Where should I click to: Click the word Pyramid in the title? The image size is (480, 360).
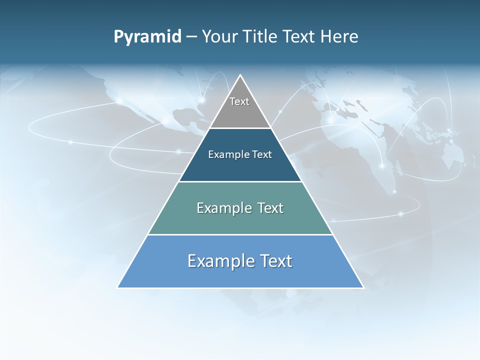(x=147, y=37)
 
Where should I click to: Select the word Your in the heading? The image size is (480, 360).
(x=219, y=37)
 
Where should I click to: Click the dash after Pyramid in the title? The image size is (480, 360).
(x=191, y=37)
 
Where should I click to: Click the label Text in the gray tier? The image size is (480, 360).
(x=239, y=101)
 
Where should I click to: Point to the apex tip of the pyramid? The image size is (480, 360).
(x=240, y=76)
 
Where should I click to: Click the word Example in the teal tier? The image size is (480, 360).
(x=223, y=208)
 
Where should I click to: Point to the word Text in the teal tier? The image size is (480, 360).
(x=270, y=208)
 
